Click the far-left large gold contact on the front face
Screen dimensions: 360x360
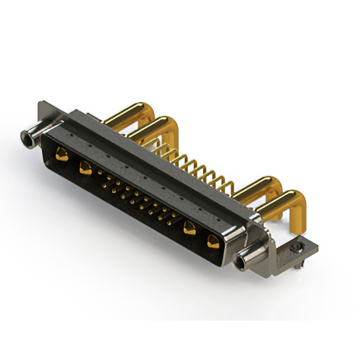(62, 155)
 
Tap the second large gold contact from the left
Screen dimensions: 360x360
(86, 167)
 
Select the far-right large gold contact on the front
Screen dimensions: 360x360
(213, 242)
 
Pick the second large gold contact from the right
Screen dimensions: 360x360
(189, 228)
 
